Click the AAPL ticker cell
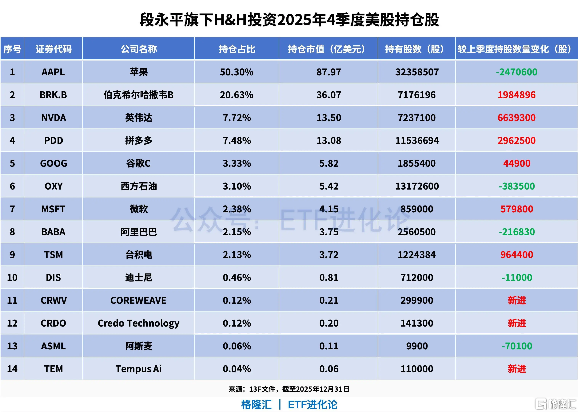[53, 72]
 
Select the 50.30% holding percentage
[237, 72]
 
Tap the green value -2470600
[516, 72]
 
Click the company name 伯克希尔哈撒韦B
[138, 95]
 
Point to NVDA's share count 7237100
[417, 118]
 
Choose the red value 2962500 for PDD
[516, 141]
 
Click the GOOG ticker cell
[53, 163]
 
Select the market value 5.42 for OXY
[329, 186]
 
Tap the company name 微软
[138, 209]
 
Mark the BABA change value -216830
[516, 232]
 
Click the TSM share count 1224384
[417, 255]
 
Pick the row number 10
[12, 277]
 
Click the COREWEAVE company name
[138, 300]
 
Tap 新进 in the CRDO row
[516, 323]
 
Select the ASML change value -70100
[516, 346]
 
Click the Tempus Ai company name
[138, 369]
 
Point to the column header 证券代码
[53, 49]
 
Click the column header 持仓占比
[237, 49]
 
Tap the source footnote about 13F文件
[289, 389]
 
